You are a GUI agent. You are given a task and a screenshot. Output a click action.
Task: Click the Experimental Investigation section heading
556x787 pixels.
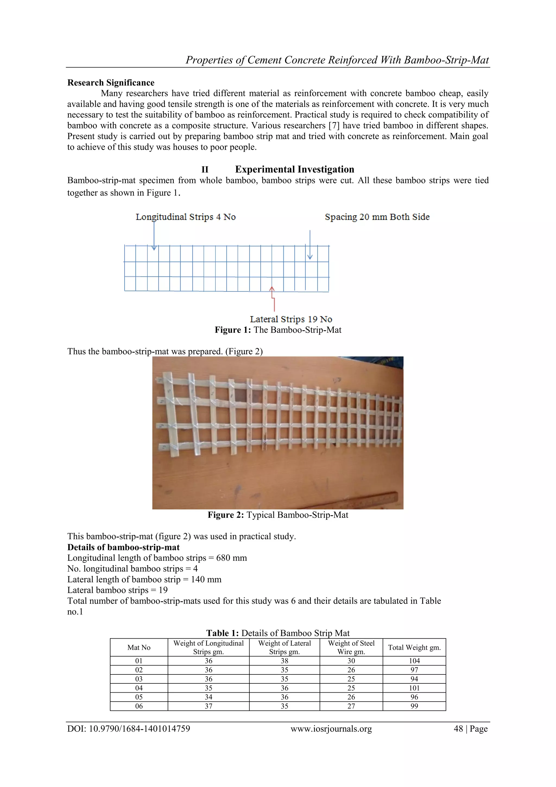tap(295, 169)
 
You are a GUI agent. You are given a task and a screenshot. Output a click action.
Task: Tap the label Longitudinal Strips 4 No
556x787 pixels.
tap(186, 217)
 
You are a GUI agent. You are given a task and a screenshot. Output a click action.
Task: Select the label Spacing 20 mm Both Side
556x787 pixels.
tap(377, 217)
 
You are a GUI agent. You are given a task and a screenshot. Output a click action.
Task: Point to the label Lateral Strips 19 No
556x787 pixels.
tap(291, 319)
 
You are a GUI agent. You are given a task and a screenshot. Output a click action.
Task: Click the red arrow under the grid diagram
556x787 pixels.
tap(273, 299)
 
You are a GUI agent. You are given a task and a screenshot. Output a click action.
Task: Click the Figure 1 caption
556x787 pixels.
tap(278, 330)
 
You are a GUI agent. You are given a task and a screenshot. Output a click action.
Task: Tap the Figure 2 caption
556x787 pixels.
tap(278, 515)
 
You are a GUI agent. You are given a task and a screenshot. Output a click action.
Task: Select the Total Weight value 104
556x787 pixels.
tap(414, 661)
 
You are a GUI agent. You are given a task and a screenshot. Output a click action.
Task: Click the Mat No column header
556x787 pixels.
tap(139, 648)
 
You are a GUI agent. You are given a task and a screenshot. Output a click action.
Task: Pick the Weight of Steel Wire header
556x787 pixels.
tap(351, 648)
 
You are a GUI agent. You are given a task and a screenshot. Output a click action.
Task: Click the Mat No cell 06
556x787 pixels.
tap(139, 706)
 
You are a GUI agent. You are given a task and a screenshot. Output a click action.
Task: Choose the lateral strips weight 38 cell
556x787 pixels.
tap(284, 661)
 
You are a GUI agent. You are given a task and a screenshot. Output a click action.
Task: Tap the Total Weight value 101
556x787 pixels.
tap(414, 688)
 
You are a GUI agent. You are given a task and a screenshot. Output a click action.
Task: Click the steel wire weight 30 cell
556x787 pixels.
tap(351, 661)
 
